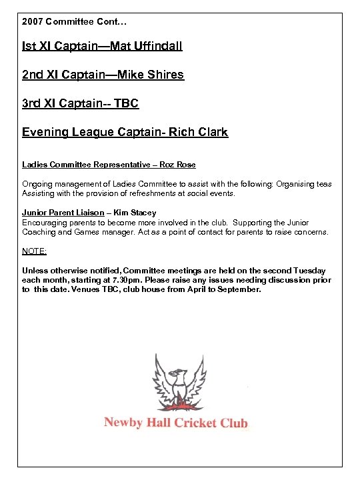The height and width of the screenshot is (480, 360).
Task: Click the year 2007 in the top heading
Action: coord(33,22)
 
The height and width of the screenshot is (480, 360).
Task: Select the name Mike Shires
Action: coord(151,75)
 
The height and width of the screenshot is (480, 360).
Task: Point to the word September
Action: coord(238,290)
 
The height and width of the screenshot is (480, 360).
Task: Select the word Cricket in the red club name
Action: coord(199,423)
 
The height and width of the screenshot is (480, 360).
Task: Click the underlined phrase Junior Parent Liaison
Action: coord(63,213)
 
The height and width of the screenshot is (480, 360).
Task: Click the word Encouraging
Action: coord(46,222)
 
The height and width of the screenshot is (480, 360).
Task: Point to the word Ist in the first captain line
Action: coord(29,47)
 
